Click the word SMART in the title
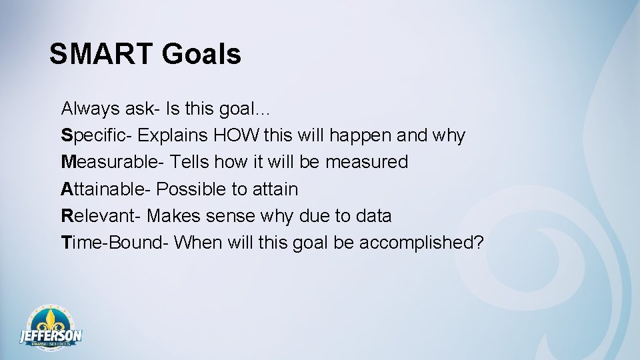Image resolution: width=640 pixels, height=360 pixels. coord(100,54)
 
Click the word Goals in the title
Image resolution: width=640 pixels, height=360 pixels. coord(201,54)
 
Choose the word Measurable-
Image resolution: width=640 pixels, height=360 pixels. coord(112,162)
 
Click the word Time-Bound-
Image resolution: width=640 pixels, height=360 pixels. coord(114,243)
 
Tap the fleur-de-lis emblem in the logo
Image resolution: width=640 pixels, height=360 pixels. coord(51,319)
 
